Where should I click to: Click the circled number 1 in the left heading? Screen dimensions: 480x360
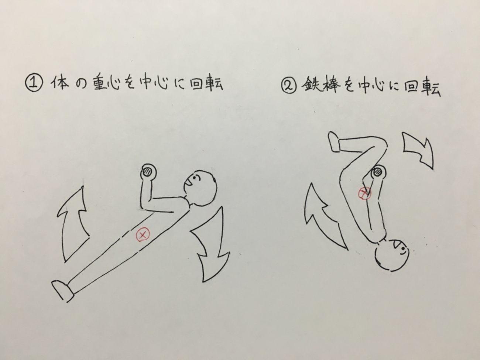[x=34, y=84]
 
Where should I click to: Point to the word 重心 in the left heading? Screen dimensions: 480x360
[x=107, y=83]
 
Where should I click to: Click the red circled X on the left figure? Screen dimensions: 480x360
[x=143, y=235]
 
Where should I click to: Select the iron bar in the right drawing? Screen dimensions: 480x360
[x=378, y=173]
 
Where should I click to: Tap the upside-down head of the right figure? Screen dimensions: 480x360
[x=392, y=255]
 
